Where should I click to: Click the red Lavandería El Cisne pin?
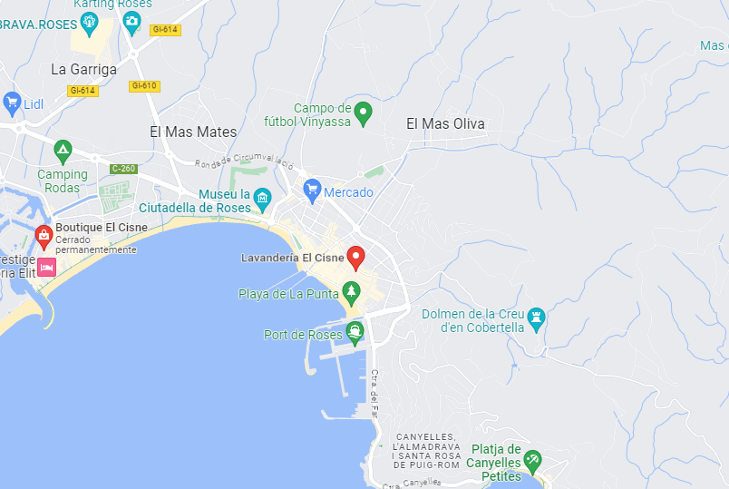355,257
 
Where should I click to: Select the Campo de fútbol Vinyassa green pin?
363,112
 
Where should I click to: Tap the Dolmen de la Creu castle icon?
537,316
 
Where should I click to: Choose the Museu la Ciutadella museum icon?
263,197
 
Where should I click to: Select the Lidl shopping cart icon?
11,102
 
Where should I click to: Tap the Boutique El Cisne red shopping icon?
43,236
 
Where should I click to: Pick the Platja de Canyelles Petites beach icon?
532,460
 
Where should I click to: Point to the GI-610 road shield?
144,86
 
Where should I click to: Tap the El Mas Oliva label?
445,124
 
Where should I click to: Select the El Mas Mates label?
193,132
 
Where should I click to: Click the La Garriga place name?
83,69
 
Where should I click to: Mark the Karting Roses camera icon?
131,21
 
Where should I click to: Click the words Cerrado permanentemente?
95,245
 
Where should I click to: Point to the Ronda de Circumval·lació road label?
246,162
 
